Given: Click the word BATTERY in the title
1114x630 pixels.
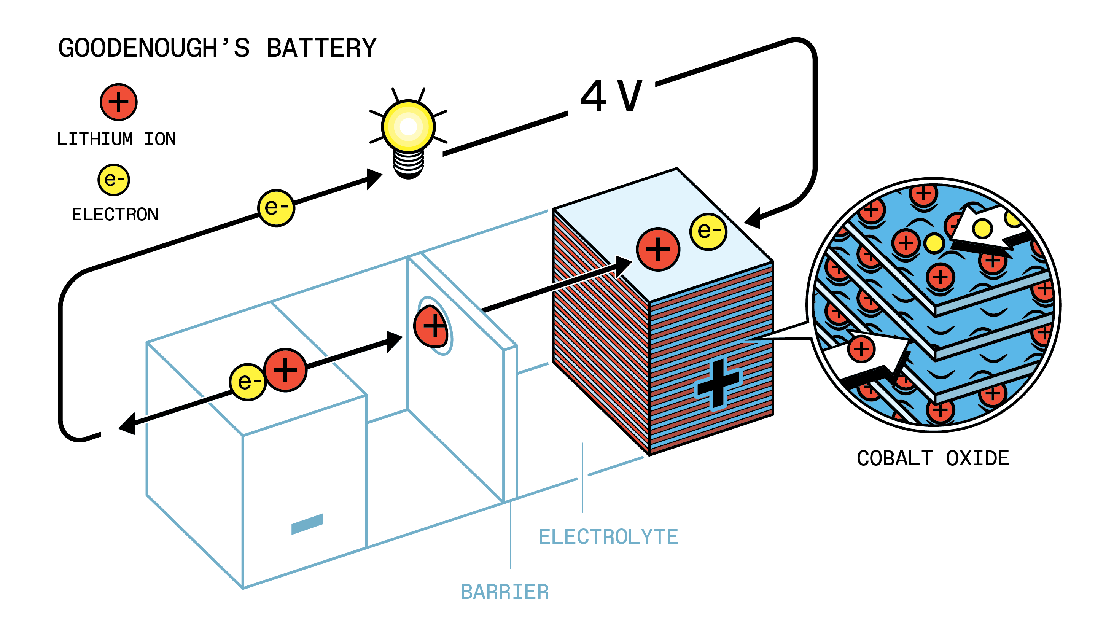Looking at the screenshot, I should (x=321, y=48).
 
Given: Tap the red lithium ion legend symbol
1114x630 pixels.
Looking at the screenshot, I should (x=119, y=102).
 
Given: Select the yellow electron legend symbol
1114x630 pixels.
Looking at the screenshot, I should (x=114, y=180).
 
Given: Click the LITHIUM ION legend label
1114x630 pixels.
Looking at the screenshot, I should (x=116, y=139).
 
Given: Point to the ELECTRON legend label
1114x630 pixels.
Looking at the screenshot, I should (x=115, y=215).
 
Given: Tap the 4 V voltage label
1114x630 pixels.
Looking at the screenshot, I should (x=611, y=96).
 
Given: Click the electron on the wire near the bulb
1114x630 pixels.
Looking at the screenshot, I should (x=276, y=208).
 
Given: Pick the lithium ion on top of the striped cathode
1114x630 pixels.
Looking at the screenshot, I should (x=658, y=249).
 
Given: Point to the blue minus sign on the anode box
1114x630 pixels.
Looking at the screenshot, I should (x=307, y=523).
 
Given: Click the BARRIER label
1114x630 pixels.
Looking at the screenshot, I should (x=504, y=592).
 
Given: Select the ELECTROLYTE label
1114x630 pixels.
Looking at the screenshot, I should (x=608, y=537).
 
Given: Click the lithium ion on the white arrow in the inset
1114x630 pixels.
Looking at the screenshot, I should (x=861, y=349).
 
